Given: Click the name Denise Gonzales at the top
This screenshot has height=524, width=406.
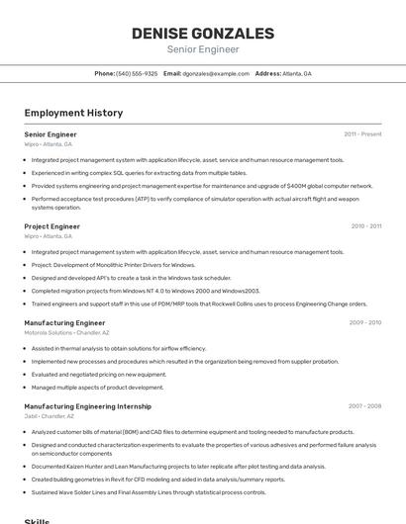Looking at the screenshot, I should tap(202, 34).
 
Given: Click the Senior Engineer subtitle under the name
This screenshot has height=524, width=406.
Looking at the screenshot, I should tap(202, 48).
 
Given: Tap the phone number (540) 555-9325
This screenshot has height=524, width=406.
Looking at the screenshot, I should tap(137, 73).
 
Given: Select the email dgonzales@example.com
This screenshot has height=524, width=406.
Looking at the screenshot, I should tap(216, 73).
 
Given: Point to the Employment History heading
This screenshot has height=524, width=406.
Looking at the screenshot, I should tap(73, 113).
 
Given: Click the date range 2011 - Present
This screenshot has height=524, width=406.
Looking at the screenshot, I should tap(362, 133).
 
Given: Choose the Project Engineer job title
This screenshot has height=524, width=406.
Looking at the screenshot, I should tap(51, 226).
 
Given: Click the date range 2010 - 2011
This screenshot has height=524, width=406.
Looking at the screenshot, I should tap(365, 226).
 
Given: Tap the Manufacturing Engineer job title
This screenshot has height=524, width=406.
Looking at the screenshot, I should tap(64, 322).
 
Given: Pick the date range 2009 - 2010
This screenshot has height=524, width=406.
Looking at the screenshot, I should tap(364, 322).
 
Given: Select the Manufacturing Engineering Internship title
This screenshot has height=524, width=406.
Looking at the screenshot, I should tap(87, 405).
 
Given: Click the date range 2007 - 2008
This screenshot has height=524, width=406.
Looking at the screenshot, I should tap(364, 405).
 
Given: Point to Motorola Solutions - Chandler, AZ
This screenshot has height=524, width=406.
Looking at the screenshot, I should tap(66, 332).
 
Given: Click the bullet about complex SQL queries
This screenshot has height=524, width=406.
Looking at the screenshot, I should tap(139, 172).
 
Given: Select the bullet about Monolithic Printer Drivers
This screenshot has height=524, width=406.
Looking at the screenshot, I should tap(113, 265).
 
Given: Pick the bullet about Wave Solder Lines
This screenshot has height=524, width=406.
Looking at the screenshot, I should tap(149, 491).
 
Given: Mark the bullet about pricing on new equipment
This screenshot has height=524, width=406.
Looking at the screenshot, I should tap(99, 374).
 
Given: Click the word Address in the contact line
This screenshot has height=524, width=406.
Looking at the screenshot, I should tap(267, 73).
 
